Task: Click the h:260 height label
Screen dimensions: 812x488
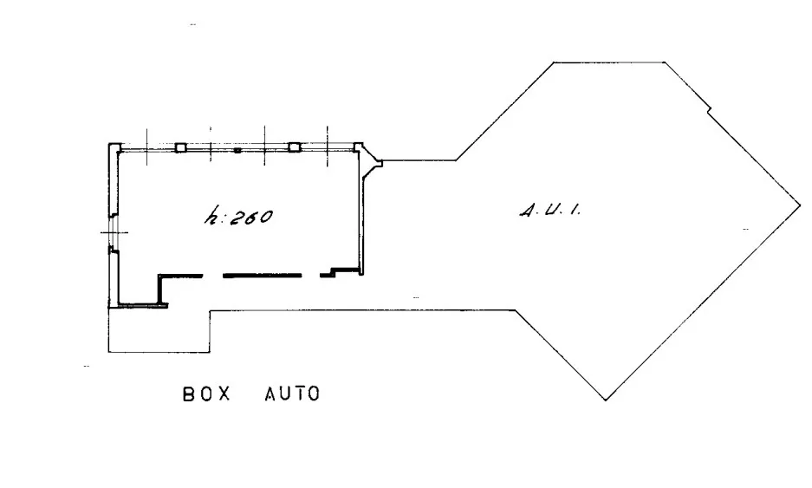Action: point(238,216)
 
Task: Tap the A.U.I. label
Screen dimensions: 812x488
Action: point(550,210)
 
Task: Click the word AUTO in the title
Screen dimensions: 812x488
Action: point(292,394)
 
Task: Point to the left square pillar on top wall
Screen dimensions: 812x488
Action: point(181,147)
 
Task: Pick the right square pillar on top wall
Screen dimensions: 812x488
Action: point(294,147)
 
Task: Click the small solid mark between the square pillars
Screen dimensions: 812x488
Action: point(237,150)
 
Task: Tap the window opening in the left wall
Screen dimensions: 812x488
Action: point(114,232)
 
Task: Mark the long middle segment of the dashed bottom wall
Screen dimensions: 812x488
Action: point(262,276)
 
